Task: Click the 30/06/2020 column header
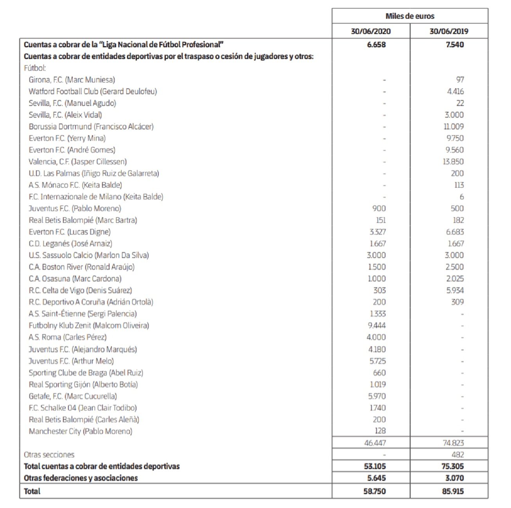coord(371,31)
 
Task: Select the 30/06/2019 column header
coord(449,31)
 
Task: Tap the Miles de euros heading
coord(410,16)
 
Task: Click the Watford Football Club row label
coord(93,91)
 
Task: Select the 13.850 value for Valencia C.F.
coord(453,162)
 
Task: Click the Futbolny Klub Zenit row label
coord(89,326)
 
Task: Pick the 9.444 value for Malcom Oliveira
coord(377,326)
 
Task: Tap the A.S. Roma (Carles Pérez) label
coord(68,337)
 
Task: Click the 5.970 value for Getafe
coord(377,396)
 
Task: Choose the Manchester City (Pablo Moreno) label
coord(81,431)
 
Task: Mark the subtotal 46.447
coord(375,443)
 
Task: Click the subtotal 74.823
coord(453,443)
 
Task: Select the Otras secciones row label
coord(49,455)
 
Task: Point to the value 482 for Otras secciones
coord(457,455)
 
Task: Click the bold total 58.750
coord(375,491)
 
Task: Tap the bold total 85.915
coord(453,491)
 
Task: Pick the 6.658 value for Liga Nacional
coord(376,45)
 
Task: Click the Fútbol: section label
coord(35,68)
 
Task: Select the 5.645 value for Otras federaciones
coord(376,478)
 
